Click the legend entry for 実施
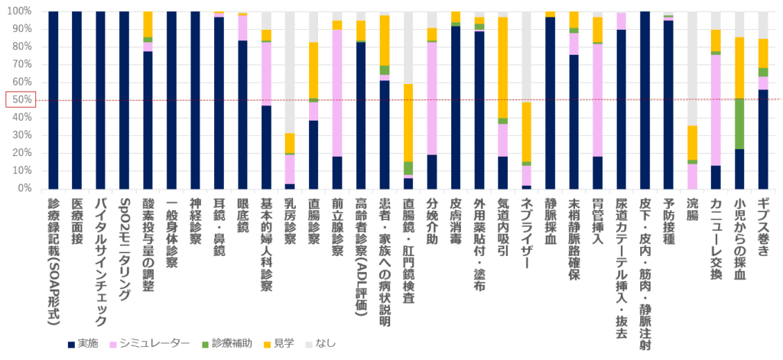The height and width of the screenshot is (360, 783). coord(83,344)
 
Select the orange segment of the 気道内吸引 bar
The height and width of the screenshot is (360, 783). coord(503,68)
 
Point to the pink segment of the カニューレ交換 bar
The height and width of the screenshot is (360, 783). coord(716,110)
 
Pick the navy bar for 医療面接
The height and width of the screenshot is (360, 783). coord(77,99)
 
